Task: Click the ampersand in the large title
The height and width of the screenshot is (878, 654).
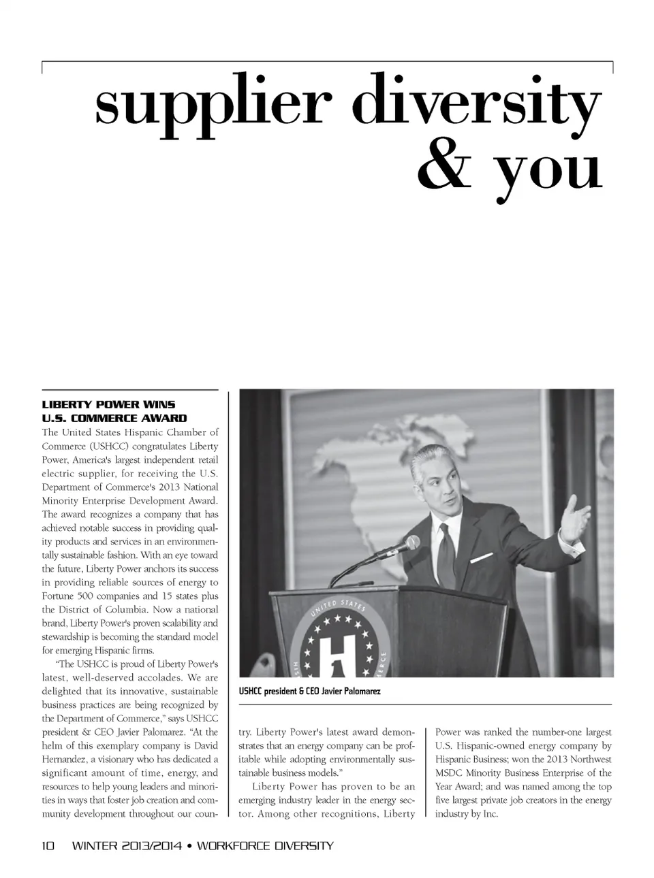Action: [443, 169]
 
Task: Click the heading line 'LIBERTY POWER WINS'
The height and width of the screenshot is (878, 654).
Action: [108, 404]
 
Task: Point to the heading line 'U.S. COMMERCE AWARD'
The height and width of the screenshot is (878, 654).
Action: [114, 418]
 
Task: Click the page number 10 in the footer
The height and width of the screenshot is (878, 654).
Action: [48, 846]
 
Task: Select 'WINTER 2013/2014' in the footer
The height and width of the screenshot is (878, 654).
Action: [127, 846]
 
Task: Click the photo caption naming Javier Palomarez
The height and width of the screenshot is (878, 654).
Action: [309, 691]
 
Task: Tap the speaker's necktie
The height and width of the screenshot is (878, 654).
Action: [446, 555]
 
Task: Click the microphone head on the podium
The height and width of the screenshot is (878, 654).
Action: [411, 543]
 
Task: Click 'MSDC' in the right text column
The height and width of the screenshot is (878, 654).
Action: [450, 773]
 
